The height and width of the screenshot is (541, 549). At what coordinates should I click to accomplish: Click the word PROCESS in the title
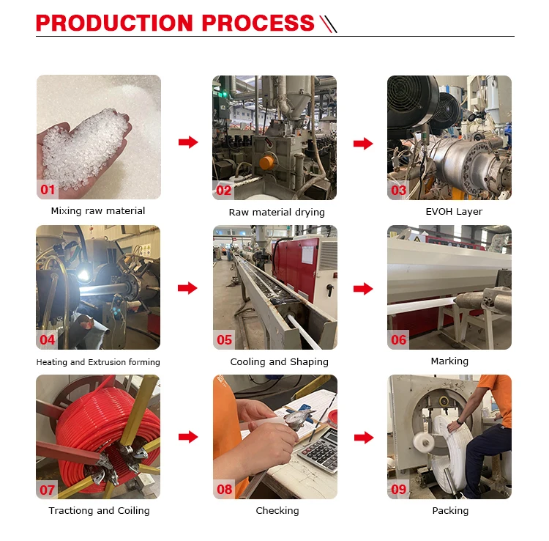(x=258, y=23)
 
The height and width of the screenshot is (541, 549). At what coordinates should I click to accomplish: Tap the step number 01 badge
(x=48, y=190)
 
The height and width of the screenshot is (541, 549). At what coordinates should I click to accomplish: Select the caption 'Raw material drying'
(x=277, y=212)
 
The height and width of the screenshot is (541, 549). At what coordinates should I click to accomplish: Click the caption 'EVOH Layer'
(x=454, y=211)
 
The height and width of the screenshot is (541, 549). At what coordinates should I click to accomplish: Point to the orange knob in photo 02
(x=266, y=162)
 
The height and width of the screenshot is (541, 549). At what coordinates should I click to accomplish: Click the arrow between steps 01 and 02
(x=188, y=142)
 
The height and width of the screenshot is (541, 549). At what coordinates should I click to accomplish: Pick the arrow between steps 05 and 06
(x=363, y=289)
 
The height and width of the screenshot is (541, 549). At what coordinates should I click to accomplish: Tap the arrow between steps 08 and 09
(x=364, y=437)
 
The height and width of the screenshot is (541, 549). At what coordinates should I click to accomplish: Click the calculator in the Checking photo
(x=319, y=451)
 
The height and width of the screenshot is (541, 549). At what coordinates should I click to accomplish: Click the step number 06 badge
(x=398, y=339)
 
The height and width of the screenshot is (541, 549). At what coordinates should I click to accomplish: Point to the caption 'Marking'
(x=449, y=361)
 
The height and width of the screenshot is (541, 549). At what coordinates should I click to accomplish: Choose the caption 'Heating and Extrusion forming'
(x=98, y=362)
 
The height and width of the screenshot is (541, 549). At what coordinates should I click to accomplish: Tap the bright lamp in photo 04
(x=83, y=276)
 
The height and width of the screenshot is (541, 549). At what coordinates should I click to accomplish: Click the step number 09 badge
(x=398, y=489)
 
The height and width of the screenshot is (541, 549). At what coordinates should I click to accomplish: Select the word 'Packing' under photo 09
(x=450, y=510)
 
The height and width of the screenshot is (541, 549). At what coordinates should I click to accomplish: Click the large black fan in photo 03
(x=411, y=102)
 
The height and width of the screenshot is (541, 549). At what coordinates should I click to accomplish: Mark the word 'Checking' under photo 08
(x=277, y=510)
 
